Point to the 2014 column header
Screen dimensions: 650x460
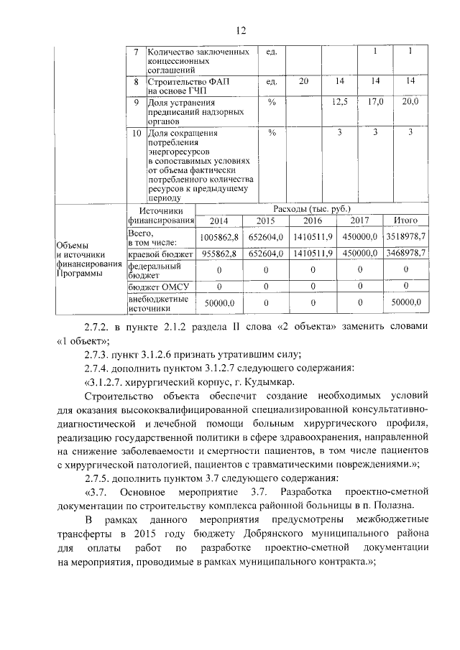(x=219, y=221)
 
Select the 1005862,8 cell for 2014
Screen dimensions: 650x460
(x=219, y=236)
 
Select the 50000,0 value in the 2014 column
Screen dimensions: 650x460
(x=219, y=304)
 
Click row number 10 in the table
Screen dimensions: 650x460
(x=136, y=133)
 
